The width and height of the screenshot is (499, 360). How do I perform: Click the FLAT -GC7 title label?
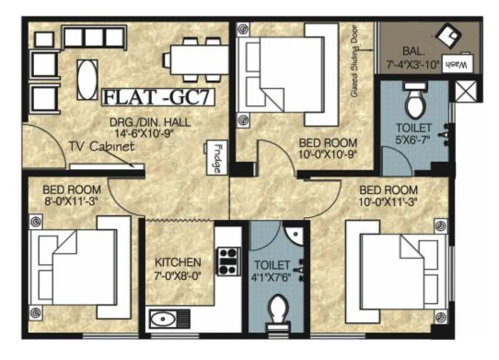pyautogui.click(x=158, y=97)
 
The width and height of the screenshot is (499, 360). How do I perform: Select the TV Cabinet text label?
pyautogui.click(x=101, y=147)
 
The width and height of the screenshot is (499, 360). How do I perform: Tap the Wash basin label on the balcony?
pyautogui.click(x=458, y=64)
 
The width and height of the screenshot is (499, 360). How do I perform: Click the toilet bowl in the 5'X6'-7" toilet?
pyautogui.click(x=414, y=103)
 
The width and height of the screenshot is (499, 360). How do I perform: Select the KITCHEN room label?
pyautogui.click(x=177, y=263)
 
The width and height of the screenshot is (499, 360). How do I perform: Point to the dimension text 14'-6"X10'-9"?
pyautogui.click(x=143, y=133)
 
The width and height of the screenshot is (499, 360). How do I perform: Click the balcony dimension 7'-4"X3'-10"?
pyautogui.click(x=413, y=65)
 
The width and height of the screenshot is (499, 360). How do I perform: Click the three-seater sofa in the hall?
pyautogui.click(x=93, y=37)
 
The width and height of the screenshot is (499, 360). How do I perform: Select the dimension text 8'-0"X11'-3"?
pyautogui.click(x=71, y=201)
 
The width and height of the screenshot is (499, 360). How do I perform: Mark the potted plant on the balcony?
pyautogui.click(x=449, y=35)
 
